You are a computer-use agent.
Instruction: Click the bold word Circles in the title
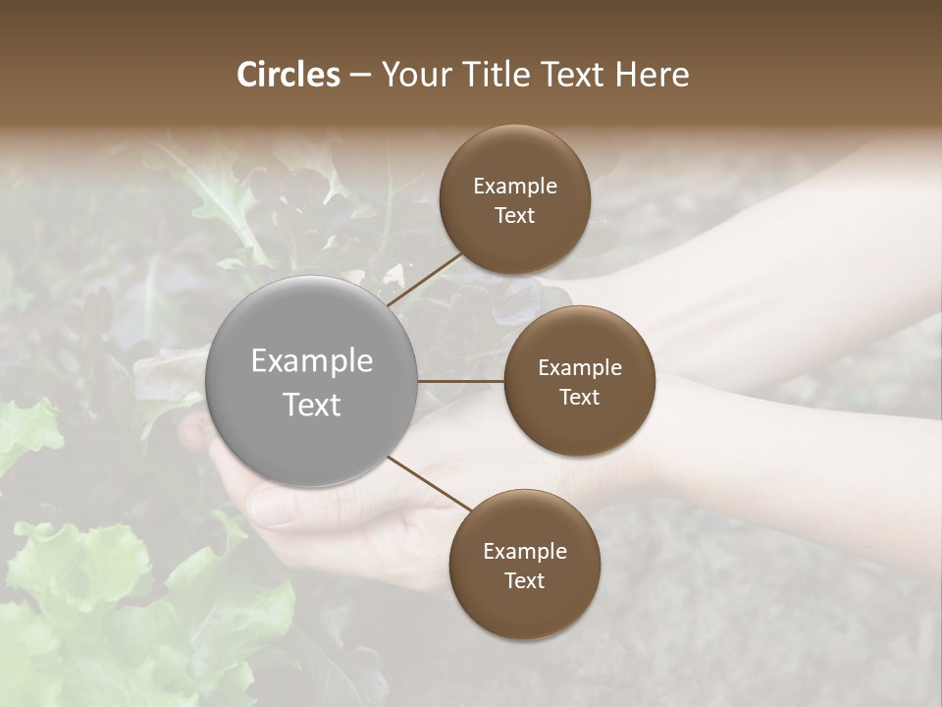(x=288, y=75)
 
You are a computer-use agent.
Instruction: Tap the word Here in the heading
(x=652, y=75)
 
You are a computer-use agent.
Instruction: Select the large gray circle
(x=312, y=381)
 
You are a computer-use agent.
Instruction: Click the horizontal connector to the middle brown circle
(x=461, y=381)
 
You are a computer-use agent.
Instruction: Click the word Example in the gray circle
(x=312, y=361)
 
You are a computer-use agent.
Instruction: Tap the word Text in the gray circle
(x=312, y=405)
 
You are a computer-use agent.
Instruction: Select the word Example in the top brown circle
(x=514, y=187)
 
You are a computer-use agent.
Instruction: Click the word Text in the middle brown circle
(x=579, y=397)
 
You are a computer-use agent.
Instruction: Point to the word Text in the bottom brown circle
(x=524, y=580)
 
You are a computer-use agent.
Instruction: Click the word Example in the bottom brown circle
(x=524, y=552)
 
